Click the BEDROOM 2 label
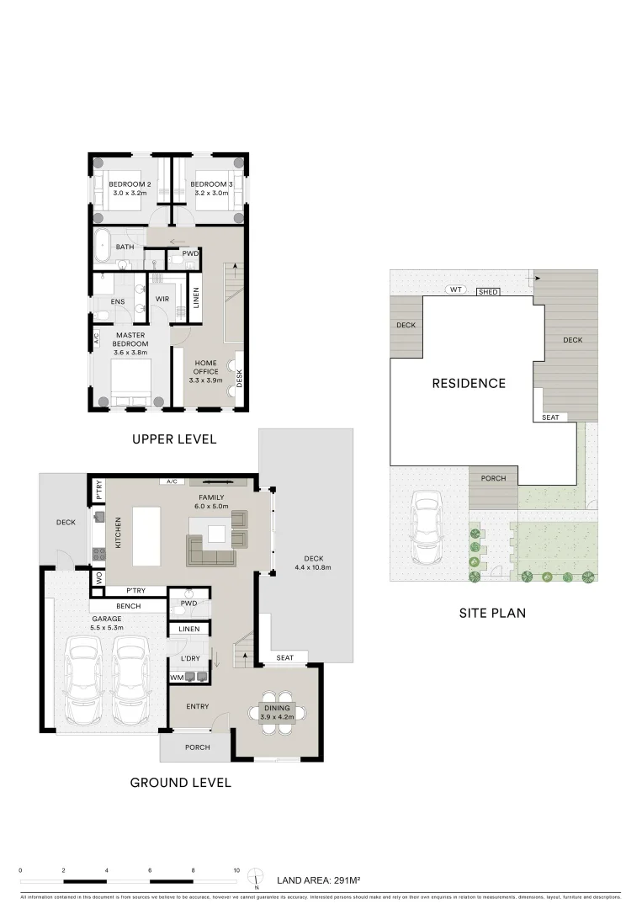(x=131, y=184)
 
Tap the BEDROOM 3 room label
(x=210, y=184)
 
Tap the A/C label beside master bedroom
(x=96, y=339)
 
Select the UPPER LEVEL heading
(x=174, y=439)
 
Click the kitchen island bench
(x=145, y=537)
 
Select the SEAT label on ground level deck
(x=284, y=657)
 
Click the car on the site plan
(x=426, y=530)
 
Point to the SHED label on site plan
(x=487, y=292)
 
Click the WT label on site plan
(x=456, y=290)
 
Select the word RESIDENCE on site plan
(x=469, y=384)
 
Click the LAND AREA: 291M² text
(x=319, y=880)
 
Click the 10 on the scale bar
(x=236, y=870)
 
